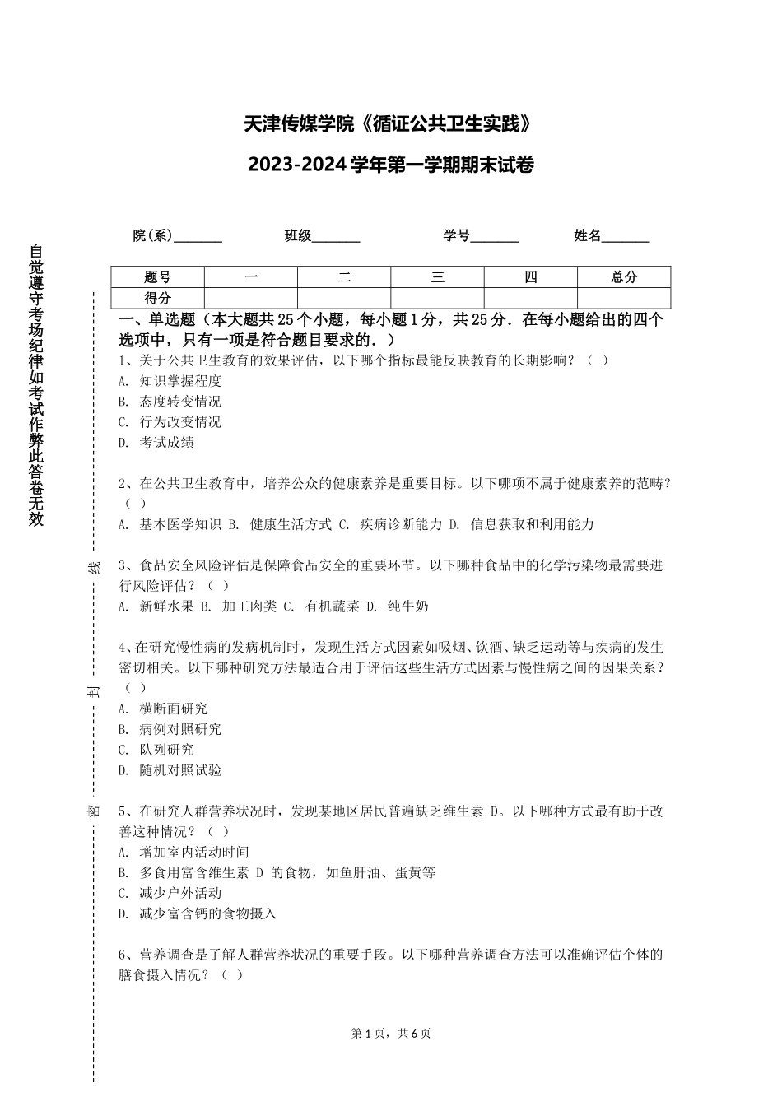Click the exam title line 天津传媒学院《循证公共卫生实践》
(392, 124)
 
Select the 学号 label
(456, 236)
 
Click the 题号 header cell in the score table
(157, 277)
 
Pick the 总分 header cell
(624, 277)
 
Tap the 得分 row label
(157, 298)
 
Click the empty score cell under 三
(437, 298)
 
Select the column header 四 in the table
(531, 277)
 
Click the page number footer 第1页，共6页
(391, 1034)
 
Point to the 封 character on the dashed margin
(94, 690)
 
